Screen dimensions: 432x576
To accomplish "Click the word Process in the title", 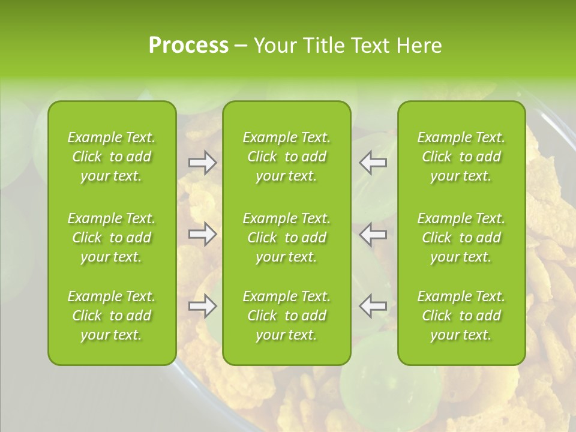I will pos(188,46).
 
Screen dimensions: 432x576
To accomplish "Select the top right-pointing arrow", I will pos(203,163).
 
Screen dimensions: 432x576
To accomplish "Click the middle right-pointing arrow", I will pos(203,234).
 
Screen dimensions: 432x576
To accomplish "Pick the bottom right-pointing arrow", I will pos(203,306).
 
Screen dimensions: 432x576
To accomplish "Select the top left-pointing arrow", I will pos(373,163).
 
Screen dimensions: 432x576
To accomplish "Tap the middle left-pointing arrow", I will pos(373,234).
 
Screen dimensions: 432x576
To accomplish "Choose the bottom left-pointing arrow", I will pos(373,306).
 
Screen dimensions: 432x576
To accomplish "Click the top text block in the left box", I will pos(112,157).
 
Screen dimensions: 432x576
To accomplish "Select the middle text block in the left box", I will pos(112,238).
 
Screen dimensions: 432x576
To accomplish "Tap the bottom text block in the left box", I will pos(112,316).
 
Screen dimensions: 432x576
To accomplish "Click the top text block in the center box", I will pos(287,157).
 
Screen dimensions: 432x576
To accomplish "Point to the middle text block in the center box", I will pos(287,238).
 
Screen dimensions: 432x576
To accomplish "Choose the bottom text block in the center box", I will pos(287,316).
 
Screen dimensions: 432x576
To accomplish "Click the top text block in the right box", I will pos(461,157).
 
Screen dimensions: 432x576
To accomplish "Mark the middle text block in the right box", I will pos(461,238).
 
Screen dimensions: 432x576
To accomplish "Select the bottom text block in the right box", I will pos(461,316).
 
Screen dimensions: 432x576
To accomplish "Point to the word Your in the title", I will pos(274,46).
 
